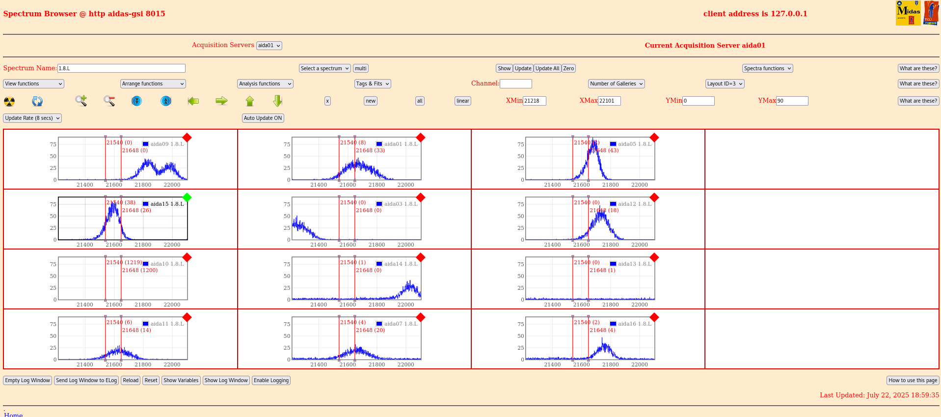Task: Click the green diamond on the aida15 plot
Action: point(187,197)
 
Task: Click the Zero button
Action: point(568,68)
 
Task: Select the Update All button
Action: point(547,68)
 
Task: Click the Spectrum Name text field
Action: point(121,68)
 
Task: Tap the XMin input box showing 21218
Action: point(534,101)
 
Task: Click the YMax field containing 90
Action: point(791,101)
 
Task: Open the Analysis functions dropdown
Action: point(265,83)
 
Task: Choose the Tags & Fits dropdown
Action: point(373,83)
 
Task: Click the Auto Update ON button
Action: point(263,118)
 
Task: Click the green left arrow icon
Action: point(193,101)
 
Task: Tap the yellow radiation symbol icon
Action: point(9,101)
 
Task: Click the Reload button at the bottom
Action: point(131,380)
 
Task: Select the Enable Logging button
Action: point(271,380)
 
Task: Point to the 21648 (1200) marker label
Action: point(140,270)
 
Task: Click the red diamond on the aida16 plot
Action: point(654,317)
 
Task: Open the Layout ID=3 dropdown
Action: point(725,83)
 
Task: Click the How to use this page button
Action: point(913,380)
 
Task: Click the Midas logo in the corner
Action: point(908,13)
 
